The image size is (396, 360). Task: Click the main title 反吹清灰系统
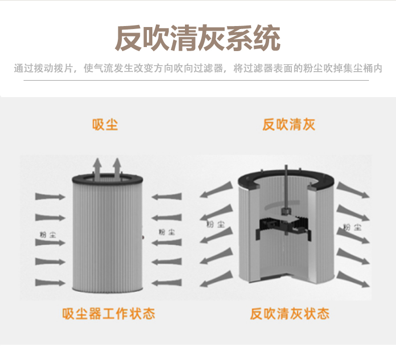[197, 39]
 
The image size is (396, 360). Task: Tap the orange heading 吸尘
[105, 124]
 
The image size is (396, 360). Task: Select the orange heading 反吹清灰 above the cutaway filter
[289, 124]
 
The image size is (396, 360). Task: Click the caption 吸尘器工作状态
[109, 314]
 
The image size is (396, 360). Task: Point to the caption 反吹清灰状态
[290, 314]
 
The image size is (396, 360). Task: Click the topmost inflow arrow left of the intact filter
[50, 196]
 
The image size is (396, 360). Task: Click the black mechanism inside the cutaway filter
[283, 228]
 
